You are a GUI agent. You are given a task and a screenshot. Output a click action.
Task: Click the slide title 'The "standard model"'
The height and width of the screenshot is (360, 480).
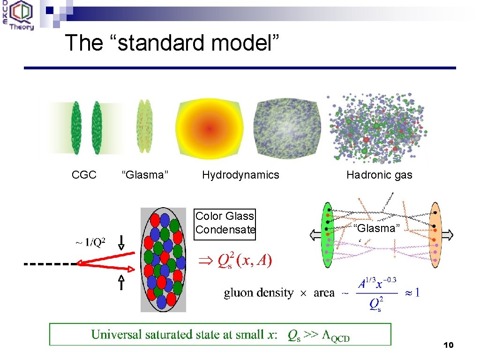tap(172, 43)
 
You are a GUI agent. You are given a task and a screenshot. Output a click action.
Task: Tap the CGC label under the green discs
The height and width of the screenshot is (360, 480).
tap(84, 175)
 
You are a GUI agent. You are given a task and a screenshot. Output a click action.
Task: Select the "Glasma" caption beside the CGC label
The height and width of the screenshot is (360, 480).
tap(145, 175)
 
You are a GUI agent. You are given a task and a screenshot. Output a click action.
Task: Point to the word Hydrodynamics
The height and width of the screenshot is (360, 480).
tap(240, 175)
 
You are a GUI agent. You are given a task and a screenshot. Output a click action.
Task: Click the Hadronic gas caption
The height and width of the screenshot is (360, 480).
tap(379, 175)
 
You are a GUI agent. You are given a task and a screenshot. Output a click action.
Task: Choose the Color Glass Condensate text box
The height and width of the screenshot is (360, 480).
tap(225, 223)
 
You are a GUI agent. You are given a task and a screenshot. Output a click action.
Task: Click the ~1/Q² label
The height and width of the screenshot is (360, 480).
tap(90, 242)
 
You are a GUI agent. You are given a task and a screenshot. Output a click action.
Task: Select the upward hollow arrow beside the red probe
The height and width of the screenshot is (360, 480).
tap(121, 283)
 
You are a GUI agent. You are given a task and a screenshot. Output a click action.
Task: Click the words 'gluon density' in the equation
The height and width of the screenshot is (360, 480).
tap(259, 293)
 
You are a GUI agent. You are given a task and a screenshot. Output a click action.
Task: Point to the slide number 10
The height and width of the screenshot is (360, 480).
tap(448, 345)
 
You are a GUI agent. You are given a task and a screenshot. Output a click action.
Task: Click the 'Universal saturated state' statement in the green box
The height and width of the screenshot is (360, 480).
tap(220, 335)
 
